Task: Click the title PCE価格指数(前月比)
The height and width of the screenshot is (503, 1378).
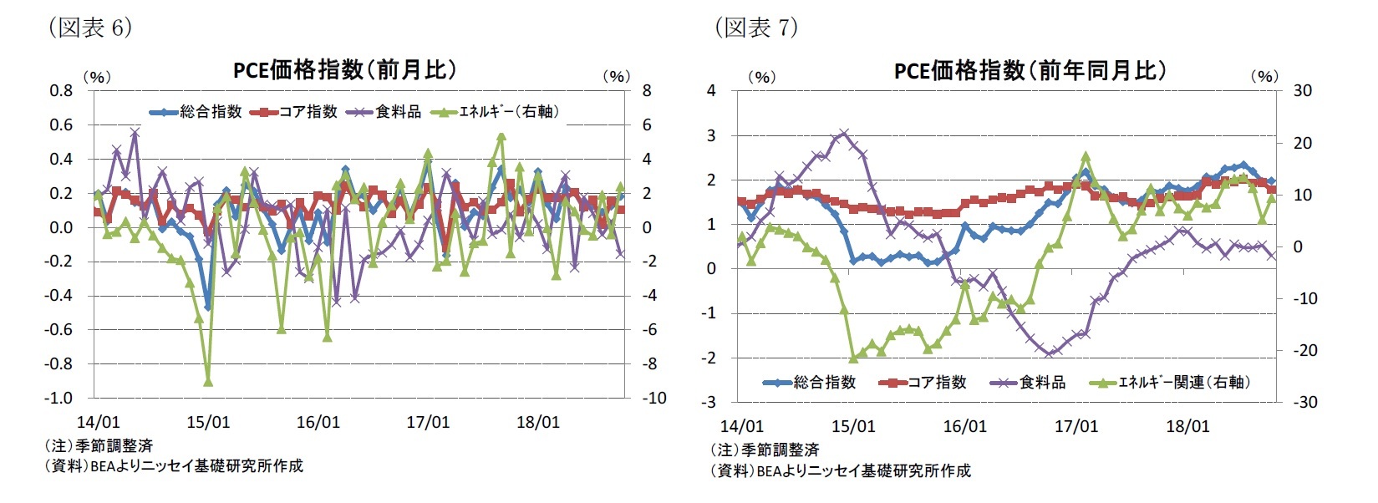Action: point(345,69)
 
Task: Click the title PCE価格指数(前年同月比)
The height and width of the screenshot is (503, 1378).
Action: point(1030,70)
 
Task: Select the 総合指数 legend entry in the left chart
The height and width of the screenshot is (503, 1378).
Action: point(197,111)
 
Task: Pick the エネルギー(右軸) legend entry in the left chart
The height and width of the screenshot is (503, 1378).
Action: point(496,111)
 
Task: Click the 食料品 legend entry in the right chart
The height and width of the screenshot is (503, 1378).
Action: point(1029,382)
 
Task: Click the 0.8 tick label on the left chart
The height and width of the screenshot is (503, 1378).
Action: point(61,90)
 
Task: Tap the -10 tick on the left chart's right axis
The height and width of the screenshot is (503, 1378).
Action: point(653,399)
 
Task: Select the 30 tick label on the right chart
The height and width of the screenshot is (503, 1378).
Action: point(1302,90)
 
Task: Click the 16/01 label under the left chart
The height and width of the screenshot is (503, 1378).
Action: point(318,422)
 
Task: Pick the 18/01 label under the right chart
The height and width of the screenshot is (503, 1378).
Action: point(1187,426)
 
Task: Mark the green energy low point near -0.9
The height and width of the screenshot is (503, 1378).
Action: point(208,382)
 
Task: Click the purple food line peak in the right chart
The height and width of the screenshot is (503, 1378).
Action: point(843,133)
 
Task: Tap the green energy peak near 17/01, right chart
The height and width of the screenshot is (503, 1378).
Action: point(1086,155)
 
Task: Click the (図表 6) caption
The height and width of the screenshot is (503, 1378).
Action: point(90,28)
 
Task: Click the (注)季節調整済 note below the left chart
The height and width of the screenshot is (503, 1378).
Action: point(99,446)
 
